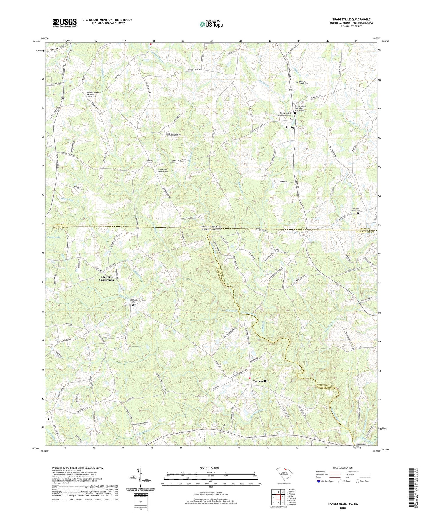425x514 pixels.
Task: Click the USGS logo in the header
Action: (65, 23)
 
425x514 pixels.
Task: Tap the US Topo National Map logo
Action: (211, 24)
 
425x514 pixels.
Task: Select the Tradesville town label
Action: (260, 381)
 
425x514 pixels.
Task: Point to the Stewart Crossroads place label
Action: (106, 278)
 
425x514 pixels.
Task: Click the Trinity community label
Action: (290, 127)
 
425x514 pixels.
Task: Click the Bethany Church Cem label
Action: (151, 162)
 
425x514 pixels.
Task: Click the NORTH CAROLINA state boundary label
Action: (211, 226)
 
